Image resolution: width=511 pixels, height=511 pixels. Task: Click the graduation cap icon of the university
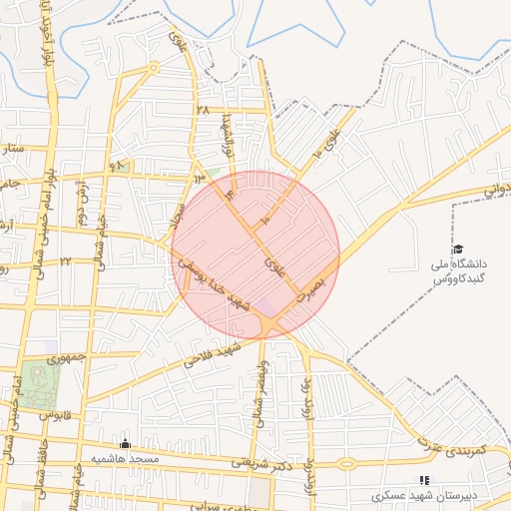click(458, 250)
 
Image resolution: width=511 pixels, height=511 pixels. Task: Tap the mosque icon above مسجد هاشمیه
click(125, 444)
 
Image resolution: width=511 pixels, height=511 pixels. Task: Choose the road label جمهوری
click(70, 355)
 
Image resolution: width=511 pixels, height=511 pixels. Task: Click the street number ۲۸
click(204, 110)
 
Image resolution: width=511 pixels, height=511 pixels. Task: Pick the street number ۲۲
click(65, 261)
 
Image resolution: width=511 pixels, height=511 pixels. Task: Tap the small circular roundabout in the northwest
click(153, 68)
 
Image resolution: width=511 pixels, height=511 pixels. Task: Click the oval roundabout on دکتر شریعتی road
click(346, 463)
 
